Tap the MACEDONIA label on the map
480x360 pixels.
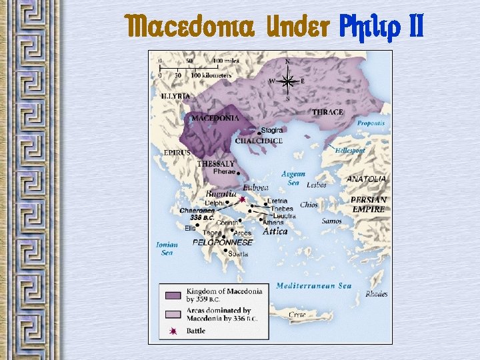[215, 118]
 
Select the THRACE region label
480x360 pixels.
[327, 112]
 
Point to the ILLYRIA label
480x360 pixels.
[175, 96]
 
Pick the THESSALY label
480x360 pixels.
[215, 163]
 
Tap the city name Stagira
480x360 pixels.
[271, 131]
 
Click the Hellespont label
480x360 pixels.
[351, 151]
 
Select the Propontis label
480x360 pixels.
[370, 123]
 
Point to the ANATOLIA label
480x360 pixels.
[366, 179]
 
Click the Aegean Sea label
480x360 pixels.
[293, 178]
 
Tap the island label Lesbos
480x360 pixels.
[316, 185]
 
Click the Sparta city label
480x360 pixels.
[238, 254]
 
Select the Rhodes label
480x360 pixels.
[376, 294]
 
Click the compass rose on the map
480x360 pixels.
[288, 81]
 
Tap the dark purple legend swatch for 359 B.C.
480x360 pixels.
[173, 294]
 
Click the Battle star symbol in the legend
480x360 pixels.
[173, 331]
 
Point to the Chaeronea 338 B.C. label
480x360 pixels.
[197, 213]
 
